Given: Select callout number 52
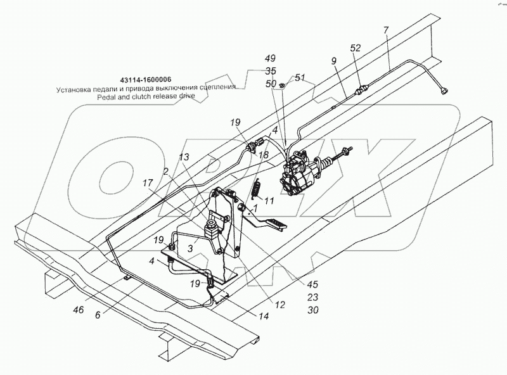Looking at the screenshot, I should click(356, 48).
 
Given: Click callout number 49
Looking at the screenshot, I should click(270, 59).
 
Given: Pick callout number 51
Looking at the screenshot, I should click(300, 78).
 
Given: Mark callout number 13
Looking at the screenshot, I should click(183, 157).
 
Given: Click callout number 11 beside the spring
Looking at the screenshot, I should click(269, 201).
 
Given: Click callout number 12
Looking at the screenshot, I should click(279, 305).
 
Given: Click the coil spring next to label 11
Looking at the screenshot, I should click(257, 189).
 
